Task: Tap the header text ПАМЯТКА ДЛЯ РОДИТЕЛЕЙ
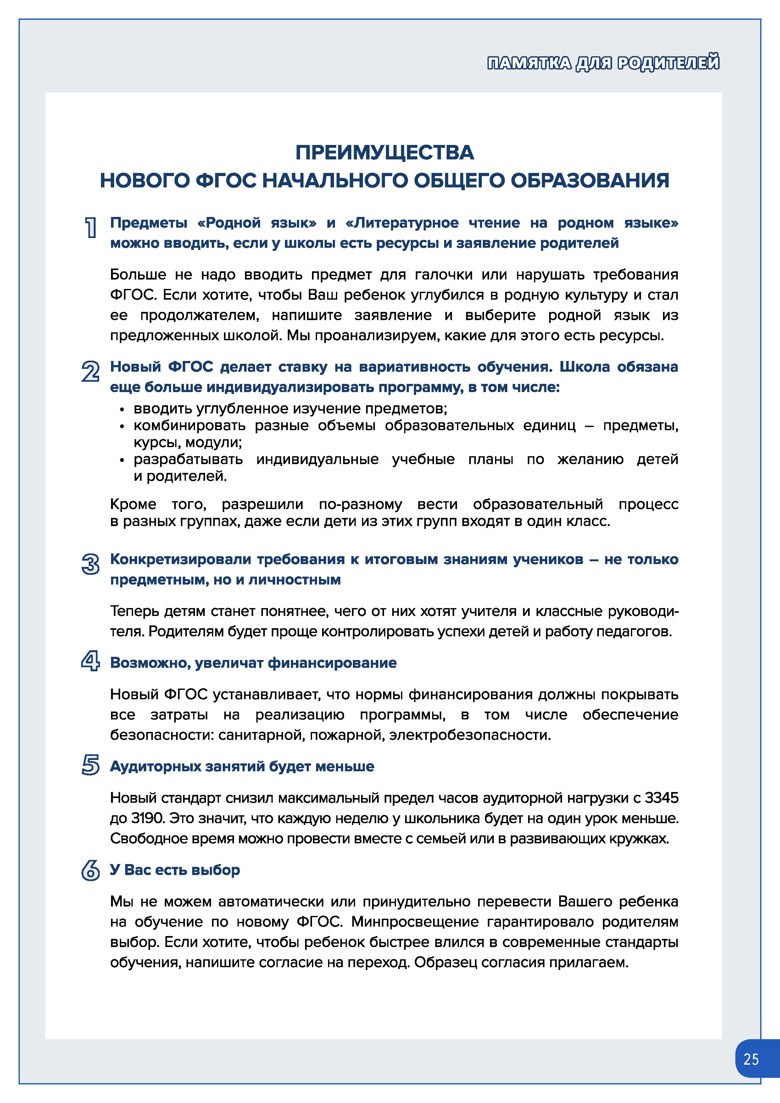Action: pos(603,63)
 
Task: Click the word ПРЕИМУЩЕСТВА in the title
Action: pos(384,153)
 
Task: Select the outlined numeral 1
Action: pos(90,227)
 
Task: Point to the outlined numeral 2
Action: pos(90,372)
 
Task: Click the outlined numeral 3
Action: pos(90,564)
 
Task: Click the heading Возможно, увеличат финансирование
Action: pos(253,663)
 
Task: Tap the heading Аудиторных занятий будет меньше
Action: pos(242,766)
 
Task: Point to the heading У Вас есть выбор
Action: pos(175,870)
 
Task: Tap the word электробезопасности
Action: pos(470,735)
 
